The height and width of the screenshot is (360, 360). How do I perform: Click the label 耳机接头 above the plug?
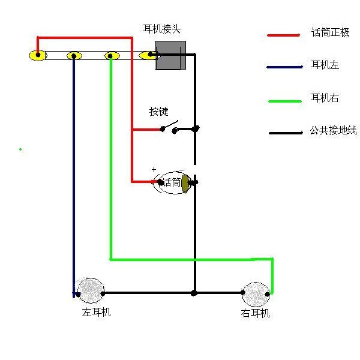pyautogui.click(x=161, y=29)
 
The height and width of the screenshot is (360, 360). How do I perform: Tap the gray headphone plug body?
pyautogui.click(x=170, y=55)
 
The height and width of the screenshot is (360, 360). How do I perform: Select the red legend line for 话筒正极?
pyautogui.click(x=284, y=35)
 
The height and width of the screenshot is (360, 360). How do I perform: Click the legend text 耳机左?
pyautogui.click(x=325, y=65)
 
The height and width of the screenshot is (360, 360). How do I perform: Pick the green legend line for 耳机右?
pyautogui.click(x=285, y=101)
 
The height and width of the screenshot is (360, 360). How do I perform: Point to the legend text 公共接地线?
pyautogui.click(x=333, y=130)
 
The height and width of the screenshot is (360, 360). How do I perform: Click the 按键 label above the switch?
pyautogui.click(x=158, y=112)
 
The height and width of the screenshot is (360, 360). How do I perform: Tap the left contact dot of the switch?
pyautogui.click(x=163, y=129)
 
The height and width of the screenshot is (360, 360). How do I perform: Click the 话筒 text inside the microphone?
pyautogui.click(x=172, y=182)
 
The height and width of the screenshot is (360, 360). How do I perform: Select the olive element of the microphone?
pyautogui.click(x=185, y=184)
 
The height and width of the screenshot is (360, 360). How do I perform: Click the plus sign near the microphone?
pyautogui.click(x=154, y=170)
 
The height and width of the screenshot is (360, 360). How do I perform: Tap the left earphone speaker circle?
pyautogui.click(x=91, y=290)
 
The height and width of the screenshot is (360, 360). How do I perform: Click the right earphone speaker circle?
pyautogui.click(x=256, y=295)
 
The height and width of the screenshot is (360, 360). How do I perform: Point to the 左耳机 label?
pyautogui.click(x=96, y=312)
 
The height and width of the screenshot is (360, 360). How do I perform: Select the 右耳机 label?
pyautogui.click(x=255, y=313)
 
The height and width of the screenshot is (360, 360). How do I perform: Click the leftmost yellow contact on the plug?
pyautogui.click(x=38, y=55)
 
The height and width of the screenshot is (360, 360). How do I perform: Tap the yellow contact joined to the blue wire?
pyautogui.click(x=74, y=56)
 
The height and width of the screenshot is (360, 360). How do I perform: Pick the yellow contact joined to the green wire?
pyautogui.click(x=112, y=56)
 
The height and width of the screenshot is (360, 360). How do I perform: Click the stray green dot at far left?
pyautogui.click(x=20, y=149)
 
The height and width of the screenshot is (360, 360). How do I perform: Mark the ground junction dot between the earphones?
pyautogui.click(x=194, y=293)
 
